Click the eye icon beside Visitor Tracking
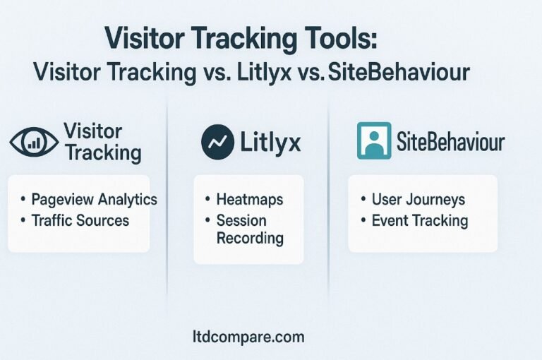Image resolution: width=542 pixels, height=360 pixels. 34,141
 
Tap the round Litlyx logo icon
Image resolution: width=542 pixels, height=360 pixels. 217,142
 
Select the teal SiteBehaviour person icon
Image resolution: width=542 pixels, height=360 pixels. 374,140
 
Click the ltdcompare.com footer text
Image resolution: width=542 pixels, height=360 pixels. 248,337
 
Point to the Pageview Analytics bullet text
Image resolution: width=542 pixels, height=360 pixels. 94,200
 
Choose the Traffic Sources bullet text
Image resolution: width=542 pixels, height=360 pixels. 80,221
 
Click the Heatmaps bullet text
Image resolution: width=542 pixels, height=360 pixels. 250,200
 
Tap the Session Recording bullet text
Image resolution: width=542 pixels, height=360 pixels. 250,229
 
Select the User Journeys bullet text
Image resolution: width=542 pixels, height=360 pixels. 418,200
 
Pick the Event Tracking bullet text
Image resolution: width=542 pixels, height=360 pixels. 420,221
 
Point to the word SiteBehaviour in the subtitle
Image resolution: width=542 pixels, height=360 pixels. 399,72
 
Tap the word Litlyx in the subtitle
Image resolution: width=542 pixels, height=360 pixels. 264,73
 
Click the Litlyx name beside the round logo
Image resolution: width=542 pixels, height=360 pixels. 270,142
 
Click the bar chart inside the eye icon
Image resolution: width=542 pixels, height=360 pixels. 34,142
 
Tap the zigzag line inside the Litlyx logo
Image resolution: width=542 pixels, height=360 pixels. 218,141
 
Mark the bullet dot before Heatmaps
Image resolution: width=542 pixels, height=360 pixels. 207,199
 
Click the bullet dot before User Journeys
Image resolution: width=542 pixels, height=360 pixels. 363,199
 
